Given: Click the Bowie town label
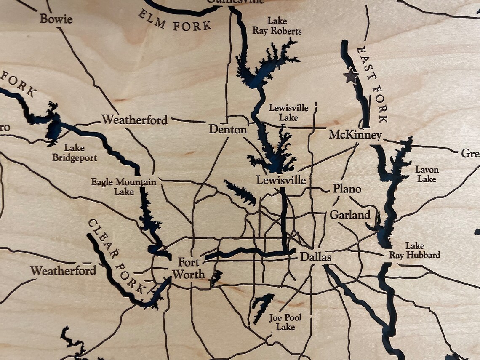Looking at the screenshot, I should coord(56,19).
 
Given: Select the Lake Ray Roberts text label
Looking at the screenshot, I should coord(277,26).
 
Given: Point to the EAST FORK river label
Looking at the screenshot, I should coord(372,85).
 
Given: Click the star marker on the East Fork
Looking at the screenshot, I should coord(350,77).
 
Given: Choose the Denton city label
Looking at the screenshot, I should coord(228,130).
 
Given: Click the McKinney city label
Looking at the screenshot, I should coord(355,135).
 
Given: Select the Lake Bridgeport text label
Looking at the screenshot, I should coord(75,153).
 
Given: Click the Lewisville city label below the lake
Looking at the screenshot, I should coord(281,181).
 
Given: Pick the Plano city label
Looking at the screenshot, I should coord(347,189).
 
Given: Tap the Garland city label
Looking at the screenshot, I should coord(349,215).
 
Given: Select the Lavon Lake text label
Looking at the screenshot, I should coord(427,174).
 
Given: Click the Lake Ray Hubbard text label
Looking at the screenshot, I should coord(415,250).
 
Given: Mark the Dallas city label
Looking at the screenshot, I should coord(315,257).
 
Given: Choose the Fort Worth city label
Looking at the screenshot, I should coord(188,269).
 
